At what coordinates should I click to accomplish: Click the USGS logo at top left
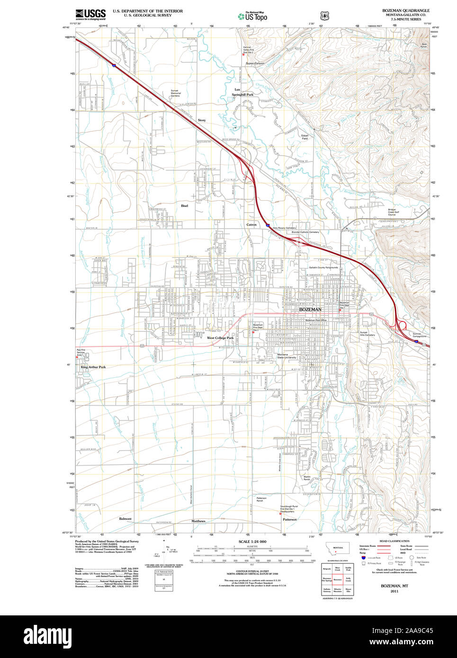(90, 14)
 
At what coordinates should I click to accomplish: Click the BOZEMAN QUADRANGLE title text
(406, 10)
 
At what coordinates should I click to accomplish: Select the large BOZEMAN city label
(310, 309)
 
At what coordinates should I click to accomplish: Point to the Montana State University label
(287, 356)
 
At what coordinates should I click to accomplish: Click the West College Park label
(220, 338)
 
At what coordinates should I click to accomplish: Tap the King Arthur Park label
(93, 367)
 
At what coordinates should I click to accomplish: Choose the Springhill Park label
(242, 95)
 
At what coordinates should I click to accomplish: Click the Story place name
(202, 120)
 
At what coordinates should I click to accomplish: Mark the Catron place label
(251, 224)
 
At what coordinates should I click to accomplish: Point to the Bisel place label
(184, 206)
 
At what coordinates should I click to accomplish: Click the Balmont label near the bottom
(125, 519)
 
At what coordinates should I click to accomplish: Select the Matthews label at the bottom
(198, 521)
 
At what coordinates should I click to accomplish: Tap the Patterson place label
(289, 519)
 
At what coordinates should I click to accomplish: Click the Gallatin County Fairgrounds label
(323, 267)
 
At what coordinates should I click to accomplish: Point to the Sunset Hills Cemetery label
(367, 334)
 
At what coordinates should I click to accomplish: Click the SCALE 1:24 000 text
(252, 542)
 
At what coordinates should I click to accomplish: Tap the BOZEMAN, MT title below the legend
(394, 586)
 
